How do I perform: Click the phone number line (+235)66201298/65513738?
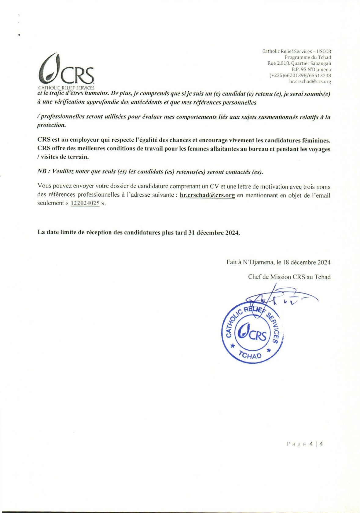tap(300, 75)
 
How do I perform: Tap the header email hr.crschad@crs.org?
tap(310, 82)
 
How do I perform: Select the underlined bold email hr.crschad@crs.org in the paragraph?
tap(207, 195)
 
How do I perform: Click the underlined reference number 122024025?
tap(85, 203)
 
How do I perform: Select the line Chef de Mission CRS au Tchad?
tap(289, 277)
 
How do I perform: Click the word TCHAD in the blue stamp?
tap(250, 355)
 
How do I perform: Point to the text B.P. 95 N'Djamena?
tap(311, 69)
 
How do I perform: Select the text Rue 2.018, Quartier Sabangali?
tap(299, 63)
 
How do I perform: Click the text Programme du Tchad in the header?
tap(308, 57)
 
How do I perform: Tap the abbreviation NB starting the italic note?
tap(42, 171)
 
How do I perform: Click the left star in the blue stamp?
tap(233, 346)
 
